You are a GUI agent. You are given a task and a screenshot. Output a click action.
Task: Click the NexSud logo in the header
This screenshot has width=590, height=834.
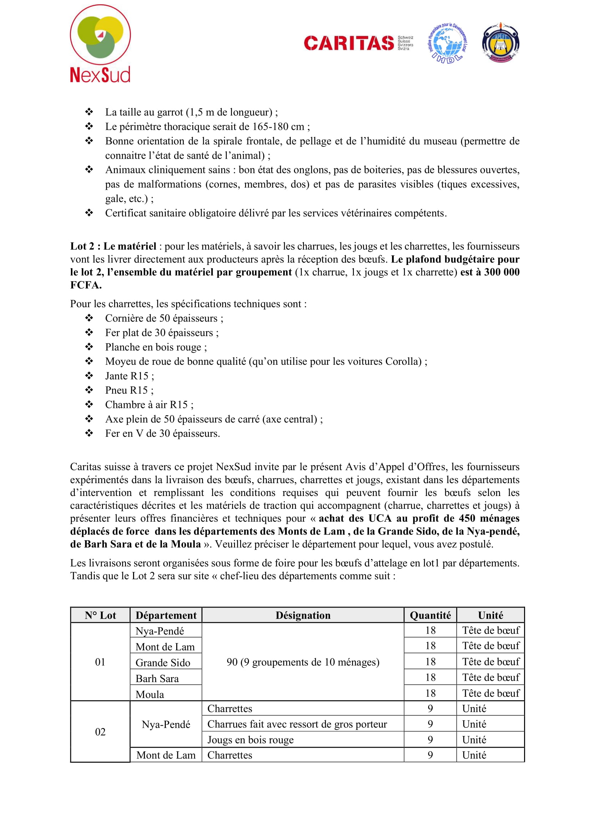(100, 44)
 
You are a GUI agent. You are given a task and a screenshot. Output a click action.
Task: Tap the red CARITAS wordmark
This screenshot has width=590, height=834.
(349, 43)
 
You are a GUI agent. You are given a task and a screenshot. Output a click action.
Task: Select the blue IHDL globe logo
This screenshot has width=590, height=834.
(448, 43)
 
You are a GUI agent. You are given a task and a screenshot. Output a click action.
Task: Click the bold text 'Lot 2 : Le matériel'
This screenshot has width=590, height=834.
(113, 246)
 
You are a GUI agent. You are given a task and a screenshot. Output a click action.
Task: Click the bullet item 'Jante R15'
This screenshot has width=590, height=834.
(129, 376)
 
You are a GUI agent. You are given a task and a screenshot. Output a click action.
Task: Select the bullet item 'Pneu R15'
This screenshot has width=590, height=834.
(129, 390)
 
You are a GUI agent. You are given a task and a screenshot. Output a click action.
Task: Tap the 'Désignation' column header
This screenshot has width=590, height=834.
(303, 615)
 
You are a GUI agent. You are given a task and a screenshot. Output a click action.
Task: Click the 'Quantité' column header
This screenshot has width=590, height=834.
(430, 615)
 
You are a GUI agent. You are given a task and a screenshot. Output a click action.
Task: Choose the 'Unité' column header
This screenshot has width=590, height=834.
(490, 615)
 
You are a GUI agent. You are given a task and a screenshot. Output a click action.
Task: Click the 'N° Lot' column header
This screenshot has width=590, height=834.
(100, 615)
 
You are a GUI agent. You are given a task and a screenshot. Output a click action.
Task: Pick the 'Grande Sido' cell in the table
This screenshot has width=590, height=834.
(163, 663)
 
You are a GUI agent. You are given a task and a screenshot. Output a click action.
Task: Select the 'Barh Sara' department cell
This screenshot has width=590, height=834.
(157, 679)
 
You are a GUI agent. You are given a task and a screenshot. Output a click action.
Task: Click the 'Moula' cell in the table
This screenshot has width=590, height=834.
(150, 695)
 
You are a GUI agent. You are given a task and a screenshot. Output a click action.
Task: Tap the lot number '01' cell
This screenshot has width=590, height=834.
(100, 662)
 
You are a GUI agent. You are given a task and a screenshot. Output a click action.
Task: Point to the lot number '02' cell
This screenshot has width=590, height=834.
(100, 732)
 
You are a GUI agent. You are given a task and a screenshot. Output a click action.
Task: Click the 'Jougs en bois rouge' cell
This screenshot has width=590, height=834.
(250, 740)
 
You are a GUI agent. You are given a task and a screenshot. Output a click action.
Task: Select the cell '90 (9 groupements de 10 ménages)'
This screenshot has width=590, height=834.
(303, 662)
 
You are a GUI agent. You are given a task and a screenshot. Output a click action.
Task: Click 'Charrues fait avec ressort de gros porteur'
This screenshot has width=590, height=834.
(297, 724)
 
